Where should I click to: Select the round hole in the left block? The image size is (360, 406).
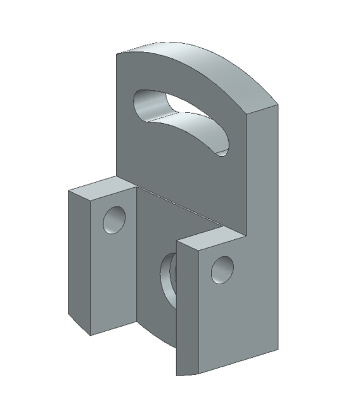pos(115,220)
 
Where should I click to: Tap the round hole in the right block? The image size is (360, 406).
pos(222,269)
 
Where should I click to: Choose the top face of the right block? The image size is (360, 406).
pos(209,240)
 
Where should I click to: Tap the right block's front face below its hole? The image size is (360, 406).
pos(219,324)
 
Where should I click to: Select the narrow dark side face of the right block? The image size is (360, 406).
pos(184,311)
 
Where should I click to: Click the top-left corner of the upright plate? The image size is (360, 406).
pos(117,53)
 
